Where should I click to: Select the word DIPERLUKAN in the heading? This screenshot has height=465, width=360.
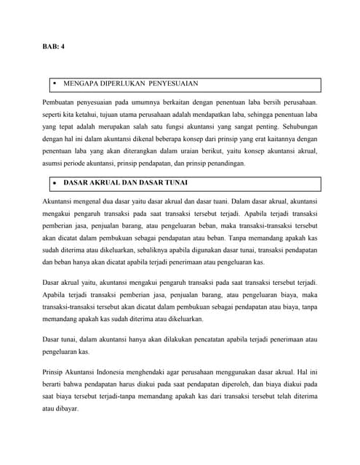123,84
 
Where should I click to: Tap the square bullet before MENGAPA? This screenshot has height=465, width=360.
53,84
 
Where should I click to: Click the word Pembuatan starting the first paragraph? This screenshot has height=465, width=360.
61,104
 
